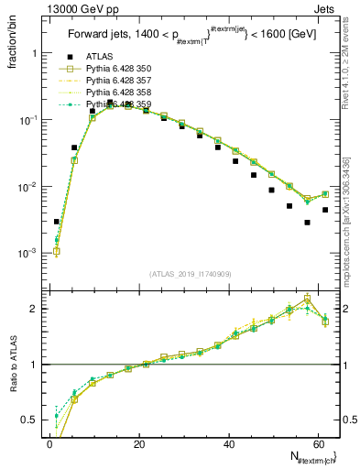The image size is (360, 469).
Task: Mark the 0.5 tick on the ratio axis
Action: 31,421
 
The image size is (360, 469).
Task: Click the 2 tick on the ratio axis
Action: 34,308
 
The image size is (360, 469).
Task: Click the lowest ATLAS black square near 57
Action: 308,223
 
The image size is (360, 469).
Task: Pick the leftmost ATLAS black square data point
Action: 56,222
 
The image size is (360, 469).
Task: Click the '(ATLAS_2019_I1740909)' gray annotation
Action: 191,275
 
